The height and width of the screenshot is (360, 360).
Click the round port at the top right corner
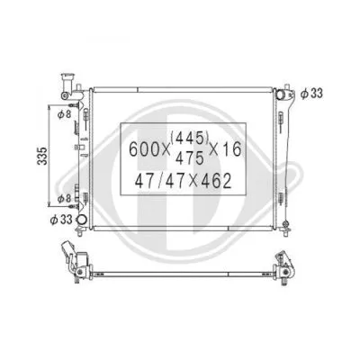(283, 94)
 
